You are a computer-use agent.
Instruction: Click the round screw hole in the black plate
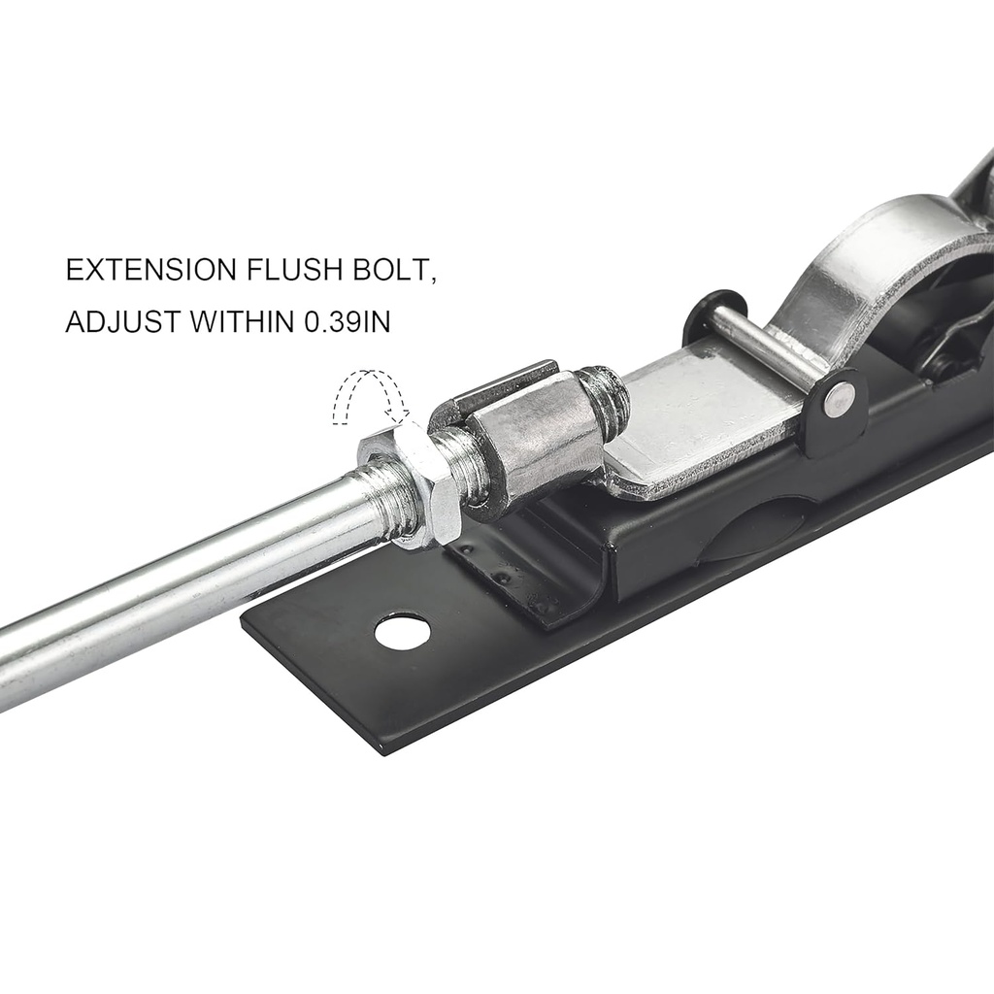[x=402, y=632]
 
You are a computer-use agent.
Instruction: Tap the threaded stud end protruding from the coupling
[x=607, y=398]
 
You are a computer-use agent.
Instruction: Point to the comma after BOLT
[x=432, y=281]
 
